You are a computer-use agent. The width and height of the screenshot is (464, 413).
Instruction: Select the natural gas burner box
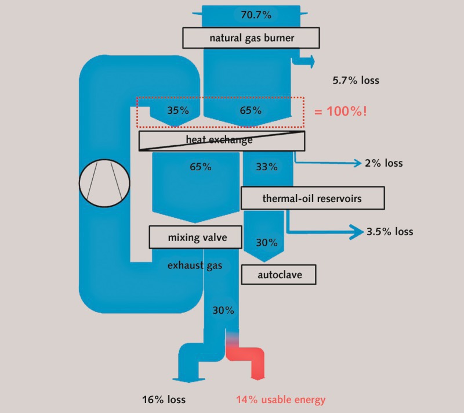click(x=252, y=38)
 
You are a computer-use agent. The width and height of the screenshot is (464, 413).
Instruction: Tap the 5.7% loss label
click(x=356, y=80)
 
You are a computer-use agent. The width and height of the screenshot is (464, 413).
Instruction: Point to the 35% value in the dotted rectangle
click(x=177, y=109)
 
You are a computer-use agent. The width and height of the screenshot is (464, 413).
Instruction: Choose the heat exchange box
click(x=222, y=140)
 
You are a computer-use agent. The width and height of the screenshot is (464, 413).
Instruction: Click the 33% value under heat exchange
click(x=266, y=167)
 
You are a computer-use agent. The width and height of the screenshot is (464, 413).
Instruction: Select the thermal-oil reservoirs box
click(x=312, y=198)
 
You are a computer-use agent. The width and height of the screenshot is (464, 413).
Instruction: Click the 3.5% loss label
click(x=390, y=232)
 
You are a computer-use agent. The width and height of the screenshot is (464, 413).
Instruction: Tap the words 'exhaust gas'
click(x=194, y=265)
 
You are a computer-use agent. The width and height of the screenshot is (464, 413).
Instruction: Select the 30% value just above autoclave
click(x=266, y=243)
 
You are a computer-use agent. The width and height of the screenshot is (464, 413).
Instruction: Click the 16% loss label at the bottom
click(x=164, y=400)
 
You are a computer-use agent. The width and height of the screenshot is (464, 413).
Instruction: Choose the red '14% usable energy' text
click(x=280, y=400)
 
